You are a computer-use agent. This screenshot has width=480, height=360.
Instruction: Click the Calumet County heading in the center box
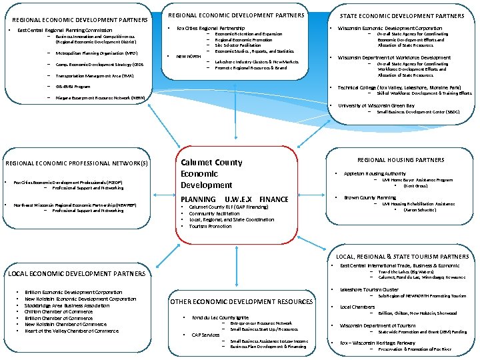pos(211,162)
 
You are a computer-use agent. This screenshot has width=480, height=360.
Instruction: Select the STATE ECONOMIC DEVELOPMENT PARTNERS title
pos(402,15)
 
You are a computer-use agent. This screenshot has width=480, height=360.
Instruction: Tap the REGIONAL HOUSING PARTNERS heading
pos(401,160)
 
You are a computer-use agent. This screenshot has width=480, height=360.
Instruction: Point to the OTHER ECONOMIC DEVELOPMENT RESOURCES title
pos(242,302)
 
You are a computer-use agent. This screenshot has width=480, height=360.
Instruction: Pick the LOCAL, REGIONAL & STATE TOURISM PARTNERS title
pos(402,257)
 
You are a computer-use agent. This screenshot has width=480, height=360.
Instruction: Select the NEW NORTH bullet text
pos(189,57)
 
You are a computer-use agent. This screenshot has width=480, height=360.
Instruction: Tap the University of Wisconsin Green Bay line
pos(371,105)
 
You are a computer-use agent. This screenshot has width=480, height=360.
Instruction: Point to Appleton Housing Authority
pos(374,173)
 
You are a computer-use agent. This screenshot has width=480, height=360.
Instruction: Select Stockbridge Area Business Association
pos(67,305)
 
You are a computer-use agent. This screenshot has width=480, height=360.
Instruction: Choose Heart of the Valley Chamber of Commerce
pos(71,331)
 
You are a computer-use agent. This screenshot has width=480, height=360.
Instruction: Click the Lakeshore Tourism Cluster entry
pos(369,290)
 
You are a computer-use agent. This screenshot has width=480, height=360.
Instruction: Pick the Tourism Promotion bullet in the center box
pos(211,226)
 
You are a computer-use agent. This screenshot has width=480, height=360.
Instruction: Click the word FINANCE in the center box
pos(274,199)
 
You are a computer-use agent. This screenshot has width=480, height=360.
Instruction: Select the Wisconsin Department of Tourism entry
pos(377,325)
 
